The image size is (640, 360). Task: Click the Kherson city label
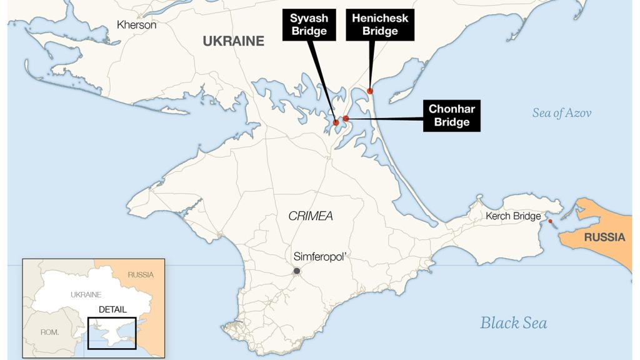coord(137,25)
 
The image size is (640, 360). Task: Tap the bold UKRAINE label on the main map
coord(233,41)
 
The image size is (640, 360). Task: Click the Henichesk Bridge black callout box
coord(380,24)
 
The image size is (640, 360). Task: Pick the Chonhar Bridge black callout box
coord(451,116)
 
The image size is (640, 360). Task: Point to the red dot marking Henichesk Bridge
coord(370,91)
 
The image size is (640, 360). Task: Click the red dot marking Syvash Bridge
coord(336,122)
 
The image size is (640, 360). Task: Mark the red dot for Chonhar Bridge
coord(346,118)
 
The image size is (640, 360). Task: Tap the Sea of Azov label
coord(561,113)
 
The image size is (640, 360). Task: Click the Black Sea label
coord(513,323)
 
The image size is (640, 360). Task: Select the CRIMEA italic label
coord(310,216)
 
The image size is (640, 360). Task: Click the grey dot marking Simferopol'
coord(297,271)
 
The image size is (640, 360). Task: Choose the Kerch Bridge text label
coord(513,216)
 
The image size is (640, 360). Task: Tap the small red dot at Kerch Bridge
coord(550,221)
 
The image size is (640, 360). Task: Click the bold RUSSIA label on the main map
coord(604,237)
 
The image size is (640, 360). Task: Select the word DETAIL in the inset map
coord(112,309)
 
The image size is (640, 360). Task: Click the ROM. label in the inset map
coord(49,332)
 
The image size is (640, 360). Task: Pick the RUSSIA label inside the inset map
coord(140,274)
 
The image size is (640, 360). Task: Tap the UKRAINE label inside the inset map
coord(86,294)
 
